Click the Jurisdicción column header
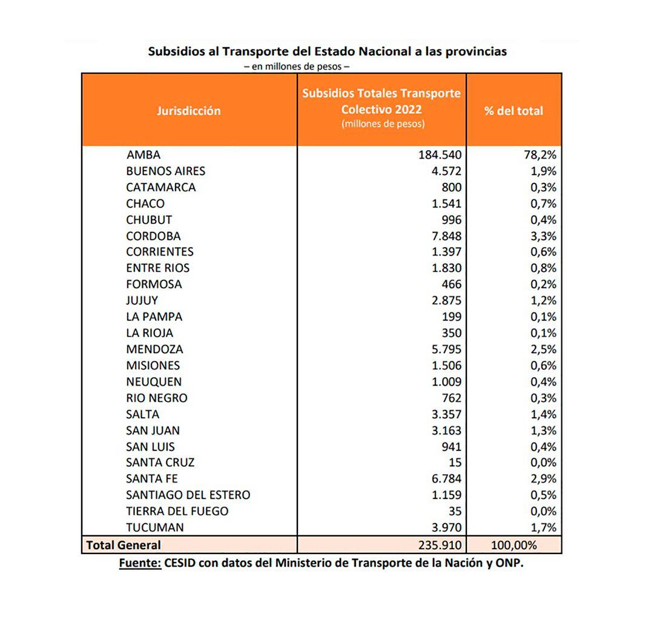coord(189,111)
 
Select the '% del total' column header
coord(514,111)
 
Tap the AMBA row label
coord(144,155)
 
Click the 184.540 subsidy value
coord(440,155)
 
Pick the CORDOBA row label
coord(153,236)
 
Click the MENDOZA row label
coord(154,349)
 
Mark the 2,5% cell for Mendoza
coord(544,349)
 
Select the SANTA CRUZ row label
coord(160,463)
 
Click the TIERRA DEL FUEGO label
coord(177,511)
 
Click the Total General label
coord(124,545)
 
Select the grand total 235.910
coord(440,545)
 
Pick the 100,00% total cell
coord(514,545)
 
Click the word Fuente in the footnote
coord(140,563)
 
